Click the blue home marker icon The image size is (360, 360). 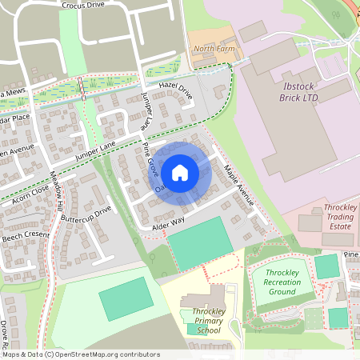point(180,171)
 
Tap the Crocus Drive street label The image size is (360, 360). point(82,5)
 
